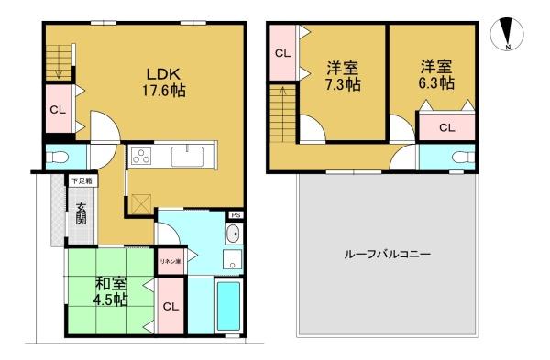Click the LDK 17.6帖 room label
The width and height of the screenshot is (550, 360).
click(x=163, y=82)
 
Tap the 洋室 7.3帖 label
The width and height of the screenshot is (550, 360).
click(x=343, y=76)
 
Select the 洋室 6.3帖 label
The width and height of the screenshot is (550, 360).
click(x=436, y=75)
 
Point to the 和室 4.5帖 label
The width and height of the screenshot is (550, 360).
click(x=111, y=291)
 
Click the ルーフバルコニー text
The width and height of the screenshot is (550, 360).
click(x=387, y=254)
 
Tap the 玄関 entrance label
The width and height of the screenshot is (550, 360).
click(x=81, y=213)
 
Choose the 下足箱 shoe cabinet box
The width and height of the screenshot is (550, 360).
click(x=83, y=181)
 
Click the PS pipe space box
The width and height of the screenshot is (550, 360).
click(x=236, y=215)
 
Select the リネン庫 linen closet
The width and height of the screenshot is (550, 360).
click(x=170, y=261)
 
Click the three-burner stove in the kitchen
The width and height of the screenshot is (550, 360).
click(x=141, y=156)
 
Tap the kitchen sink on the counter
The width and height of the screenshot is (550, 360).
click(x=187, y=157)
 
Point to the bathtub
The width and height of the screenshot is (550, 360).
click(x=228, y=306)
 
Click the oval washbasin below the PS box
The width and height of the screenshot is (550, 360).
click(x=233, y=235)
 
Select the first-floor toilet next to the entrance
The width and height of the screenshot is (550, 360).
click(x=58, y=157)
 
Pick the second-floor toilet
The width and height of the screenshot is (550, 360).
click(x=463, y=157)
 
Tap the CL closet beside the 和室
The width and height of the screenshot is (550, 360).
click(x=170, y=306)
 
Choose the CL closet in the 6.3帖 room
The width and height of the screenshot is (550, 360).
click(x=447, y=127)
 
